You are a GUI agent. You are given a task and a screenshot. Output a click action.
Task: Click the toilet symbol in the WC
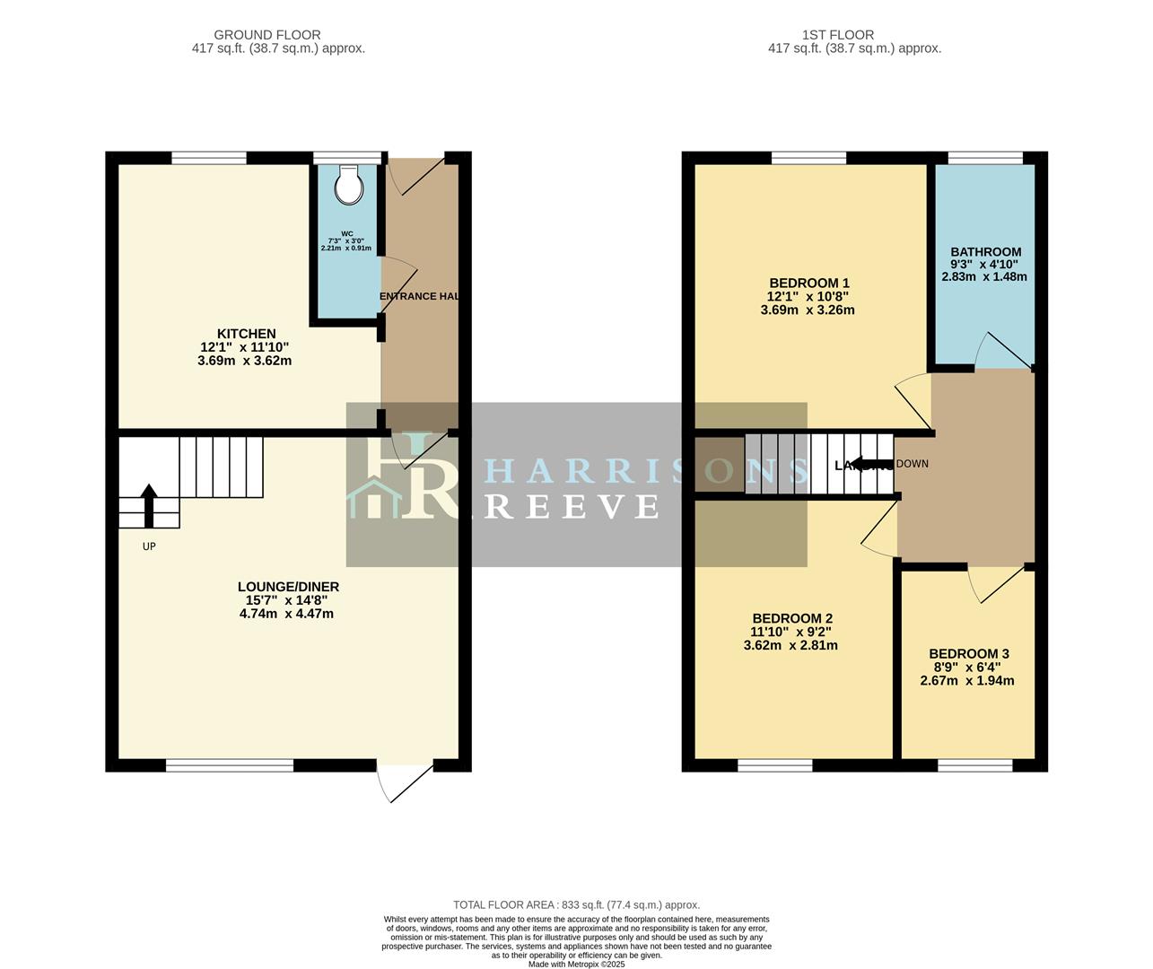tap(348, 186)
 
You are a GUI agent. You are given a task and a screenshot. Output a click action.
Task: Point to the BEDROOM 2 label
tap(791, 618)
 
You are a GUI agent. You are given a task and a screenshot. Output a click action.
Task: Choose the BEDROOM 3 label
tap(968, 654)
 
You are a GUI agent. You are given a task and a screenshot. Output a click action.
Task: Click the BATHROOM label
tap(985, 252)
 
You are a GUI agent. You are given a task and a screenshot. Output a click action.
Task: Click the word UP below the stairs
tap(149, 546)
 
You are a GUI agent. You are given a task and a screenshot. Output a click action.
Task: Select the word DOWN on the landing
tap(912, 464)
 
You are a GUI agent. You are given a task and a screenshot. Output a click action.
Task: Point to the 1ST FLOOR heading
tap(854, 35)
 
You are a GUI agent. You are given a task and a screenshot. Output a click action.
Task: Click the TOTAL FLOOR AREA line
tap(576, 905)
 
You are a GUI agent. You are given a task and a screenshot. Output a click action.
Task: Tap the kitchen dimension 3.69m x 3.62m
tap(245, 361)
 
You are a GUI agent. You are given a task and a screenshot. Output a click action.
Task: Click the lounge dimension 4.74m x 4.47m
tap(286, 614)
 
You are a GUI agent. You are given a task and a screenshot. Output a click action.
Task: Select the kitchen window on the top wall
tap(209, 159)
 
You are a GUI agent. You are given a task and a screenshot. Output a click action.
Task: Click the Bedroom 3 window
tap(975, 765)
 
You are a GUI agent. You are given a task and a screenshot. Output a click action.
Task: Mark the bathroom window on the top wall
tap(985, 159)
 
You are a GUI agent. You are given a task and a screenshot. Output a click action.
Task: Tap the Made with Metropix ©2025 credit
tap(576, 965)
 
